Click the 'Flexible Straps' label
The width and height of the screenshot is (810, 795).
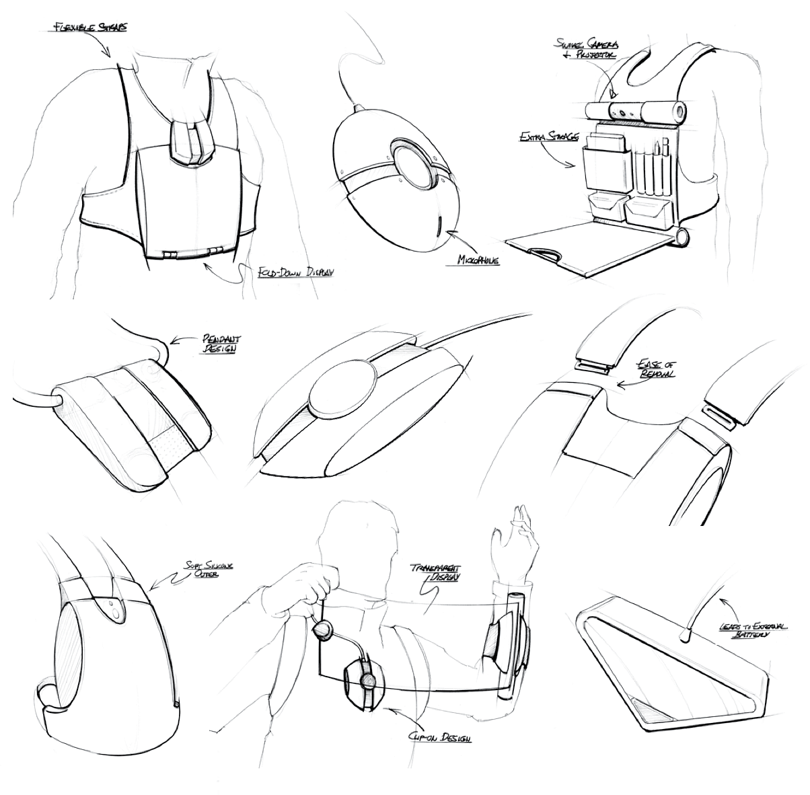tap(89, 28)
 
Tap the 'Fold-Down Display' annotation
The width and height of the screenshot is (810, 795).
tap(295, 273)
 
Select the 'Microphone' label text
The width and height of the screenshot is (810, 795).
tap(478, 259)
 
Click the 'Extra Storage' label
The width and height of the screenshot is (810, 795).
tap(548, 137)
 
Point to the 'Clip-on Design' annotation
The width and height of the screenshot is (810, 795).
tap(440, 738)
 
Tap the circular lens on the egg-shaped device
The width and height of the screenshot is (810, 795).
tap(412, 165)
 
